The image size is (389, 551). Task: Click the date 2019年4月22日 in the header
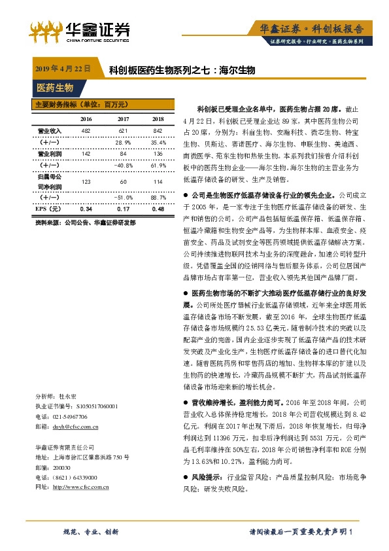tap(61, 69)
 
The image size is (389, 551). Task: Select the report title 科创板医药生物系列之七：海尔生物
tap(182, 69)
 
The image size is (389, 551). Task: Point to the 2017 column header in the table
tap(123, 119)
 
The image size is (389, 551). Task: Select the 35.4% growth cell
tap(157, 142)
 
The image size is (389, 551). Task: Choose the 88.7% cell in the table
tap(157, 196)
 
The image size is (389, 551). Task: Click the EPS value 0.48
tap(157, 209)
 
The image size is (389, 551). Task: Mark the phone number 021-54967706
tap(73, 416)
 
